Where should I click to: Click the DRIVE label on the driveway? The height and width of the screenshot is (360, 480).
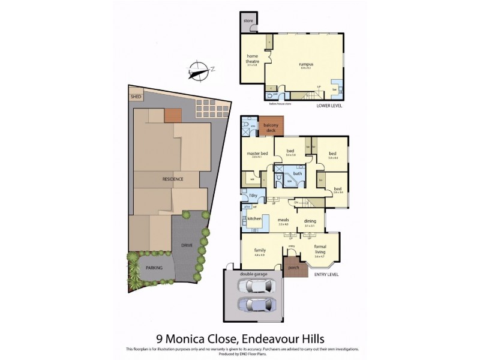(x=187, y=246)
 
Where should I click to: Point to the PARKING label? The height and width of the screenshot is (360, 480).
(x=154, y=268)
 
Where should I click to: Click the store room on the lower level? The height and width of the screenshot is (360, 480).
(x=248, y=22)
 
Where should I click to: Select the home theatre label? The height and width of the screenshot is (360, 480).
(x=252, y=59)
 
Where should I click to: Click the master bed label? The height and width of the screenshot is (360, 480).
(x=257, y=154)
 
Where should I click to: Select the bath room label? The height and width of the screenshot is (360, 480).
(x=297, y=173)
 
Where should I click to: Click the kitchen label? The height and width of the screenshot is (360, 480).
(x=254, y=218)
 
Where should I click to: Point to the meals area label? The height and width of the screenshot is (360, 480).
(x=283, y=220)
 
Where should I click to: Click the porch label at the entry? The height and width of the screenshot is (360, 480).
(x=294, y=268)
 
